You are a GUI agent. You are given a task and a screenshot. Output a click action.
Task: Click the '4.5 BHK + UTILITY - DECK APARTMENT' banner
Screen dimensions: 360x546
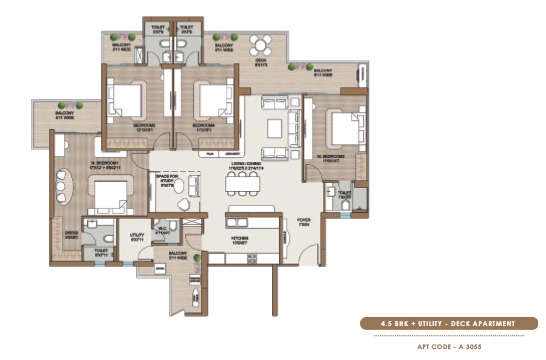click(x=451, y=322)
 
